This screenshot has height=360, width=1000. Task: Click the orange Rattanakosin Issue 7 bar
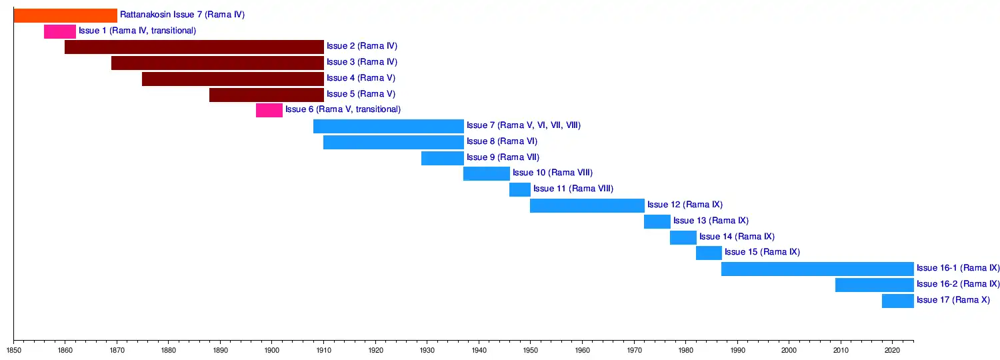pyautogui.click(x=65, y=15)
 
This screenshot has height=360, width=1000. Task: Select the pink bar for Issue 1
pyautogui.click(x=60, y=31)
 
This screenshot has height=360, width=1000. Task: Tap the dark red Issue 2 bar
pyautogui.click(x=194, y=47)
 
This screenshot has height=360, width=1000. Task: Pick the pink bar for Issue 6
pyautogui.click(x=269, y=110)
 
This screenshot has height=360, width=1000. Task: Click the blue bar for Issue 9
pyautogui.click(x=443, y=158)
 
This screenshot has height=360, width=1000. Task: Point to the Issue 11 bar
pyautogui.click(x=520, y=189)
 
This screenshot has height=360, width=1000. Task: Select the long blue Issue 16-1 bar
pyautogui.click(x=817, y=269)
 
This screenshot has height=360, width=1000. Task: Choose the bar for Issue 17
pyautogui.click(x=897, y=301)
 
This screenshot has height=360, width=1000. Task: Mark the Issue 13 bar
pyautogui.click(x=657, y=221)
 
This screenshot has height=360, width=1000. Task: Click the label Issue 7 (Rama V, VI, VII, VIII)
pyautogui.click(x=523, y=125)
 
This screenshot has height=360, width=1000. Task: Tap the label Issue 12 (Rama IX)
pyautogui.click(x=685, y=205)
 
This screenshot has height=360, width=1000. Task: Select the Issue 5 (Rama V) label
pyautogui.click(x=361, y=94)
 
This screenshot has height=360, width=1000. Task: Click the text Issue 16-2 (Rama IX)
pyautogui.click(x=958, y=284)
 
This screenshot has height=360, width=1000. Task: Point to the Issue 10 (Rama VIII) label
pyautogui.click(x=553, y=173)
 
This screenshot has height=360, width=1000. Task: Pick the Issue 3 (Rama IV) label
pyautogui.click(x=362, y=62)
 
